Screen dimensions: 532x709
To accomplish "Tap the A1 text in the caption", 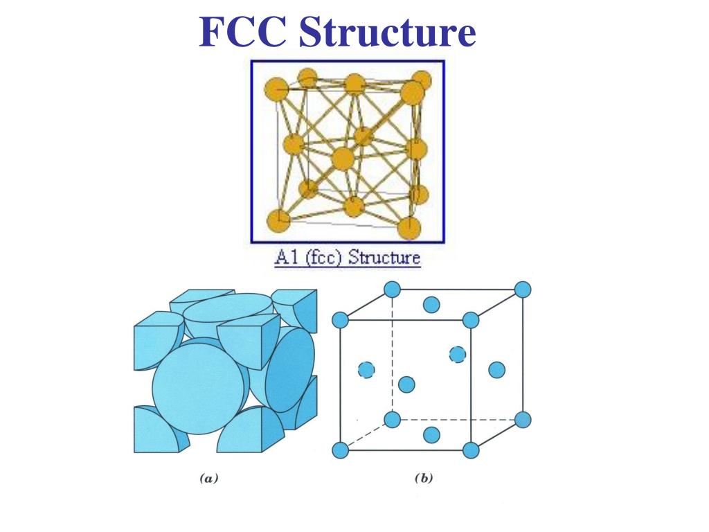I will tap(287, 258).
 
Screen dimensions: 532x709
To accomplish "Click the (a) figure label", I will tap(208, 478).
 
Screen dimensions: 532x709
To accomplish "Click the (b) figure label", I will tap(423, 478).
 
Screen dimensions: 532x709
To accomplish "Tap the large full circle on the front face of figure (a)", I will tap(201, 386).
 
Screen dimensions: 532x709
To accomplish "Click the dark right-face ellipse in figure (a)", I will tap(290, 370).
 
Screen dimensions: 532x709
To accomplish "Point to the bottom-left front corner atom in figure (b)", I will tap(339, 450).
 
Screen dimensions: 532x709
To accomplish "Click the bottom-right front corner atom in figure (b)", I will tap(471, 450).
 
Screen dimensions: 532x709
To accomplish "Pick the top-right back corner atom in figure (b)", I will tap(523, 290).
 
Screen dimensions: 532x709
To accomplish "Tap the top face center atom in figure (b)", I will tap(431, 304).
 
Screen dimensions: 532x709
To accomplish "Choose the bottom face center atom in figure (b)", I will tap(431, 434).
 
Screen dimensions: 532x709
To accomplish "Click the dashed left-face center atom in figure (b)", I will tap(366, 370).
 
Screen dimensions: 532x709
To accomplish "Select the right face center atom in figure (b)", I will tap(496, 370).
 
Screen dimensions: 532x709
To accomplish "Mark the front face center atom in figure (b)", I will tap(406, 384).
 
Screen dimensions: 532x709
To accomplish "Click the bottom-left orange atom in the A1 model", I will tap(278, 221).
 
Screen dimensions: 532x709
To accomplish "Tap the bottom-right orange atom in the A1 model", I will tap(409, 227).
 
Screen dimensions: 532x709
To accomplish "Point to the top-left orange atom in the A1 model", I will tap(276, 89).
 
